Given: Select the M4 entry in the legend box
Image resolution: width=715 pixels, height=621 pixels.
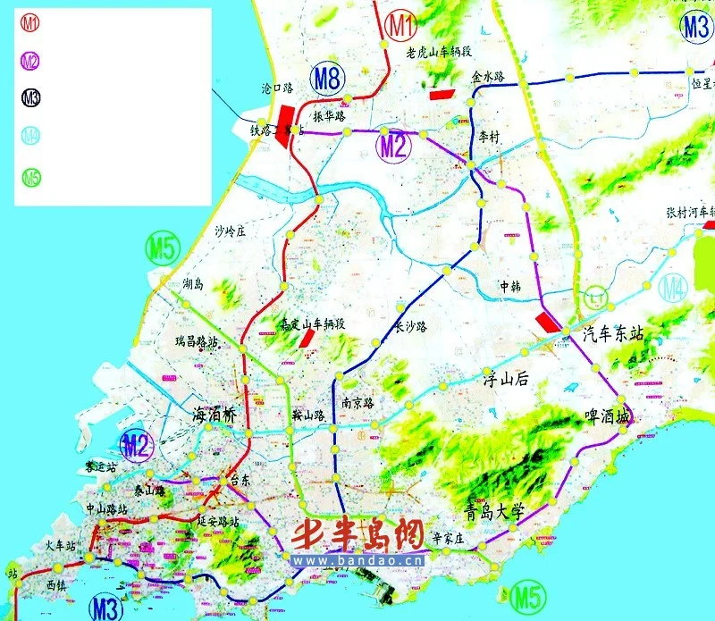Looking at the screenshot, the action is pyautogui.click(x=30, y=137).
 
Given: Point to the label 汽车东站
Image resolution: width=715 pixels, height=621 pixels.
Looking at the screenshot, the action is pyautogui.click(x=613, y=334).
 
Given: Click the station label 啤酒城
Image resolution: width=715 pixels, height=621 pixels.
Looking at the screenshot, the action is pyautogui.click(x=607, y=417).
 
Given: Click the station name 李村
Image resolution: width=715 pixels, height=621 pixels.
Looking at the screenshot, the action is pyautogui.click(x=491, y=138).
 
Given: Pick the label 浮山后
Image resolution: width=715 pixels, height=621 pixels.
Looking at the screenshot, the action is pyautogui.click(x=507, y=378).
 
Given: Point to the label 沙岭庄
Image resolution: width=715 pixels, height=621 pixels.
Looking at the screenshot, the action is pyautogui.click(x=230, y=231).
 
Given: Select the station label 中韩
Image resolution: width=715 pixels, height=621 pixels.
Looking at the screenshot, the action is pyautogui.click(x=509, y=286).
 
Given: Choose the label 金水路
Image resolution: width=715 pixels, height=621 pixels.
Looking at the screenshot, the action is pyautogui.click(x=488, y=77).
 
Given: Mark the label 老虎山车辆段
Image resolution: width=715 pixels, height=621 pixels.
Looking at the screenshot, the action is pyautogui.click(x=440, y=53).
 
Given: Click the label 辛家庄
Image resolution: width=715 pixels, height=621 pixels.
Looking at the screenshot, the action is pyautogui.click(x=448, y=538).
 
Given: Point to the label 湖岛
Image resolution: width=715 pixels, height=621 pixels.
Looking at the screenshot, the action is pyautogui.click(x=192, y=284).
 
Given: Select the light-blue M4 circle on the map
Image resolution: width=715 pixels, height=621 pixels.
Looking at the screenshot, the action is pyautogui.click(x=674, y=288).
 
